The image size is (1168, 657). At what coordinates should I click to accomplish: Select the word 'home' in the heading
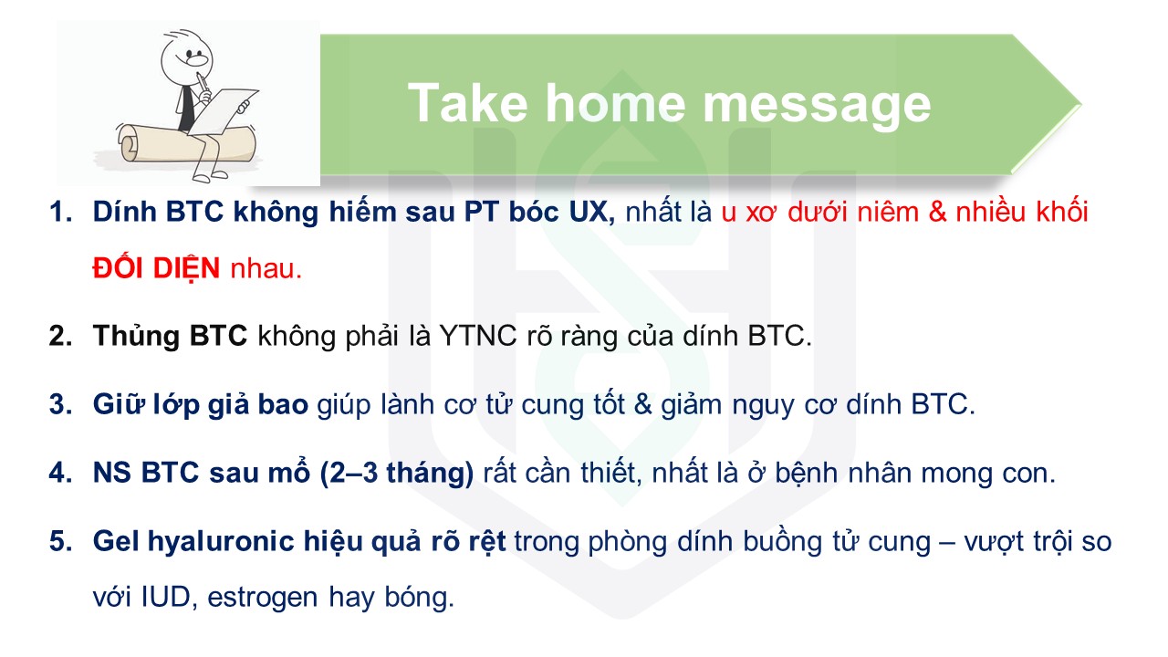click(615, 103)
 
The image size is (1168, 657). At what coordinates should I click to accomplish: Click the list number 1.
click(60, 213)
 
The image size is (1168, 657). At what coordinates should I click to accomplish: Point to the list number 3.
click(60, 404)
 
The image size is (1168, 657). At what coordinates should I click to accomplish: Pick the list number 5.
click(60, 541)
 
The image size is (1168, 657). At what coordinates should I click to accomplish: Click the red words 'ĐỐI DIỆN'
click(156, 267)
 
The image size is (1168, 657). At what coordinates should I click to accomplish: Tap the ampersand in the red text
click(936, 213)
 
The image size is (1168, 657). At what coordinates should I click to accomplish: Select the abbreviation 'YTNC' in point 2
click(477, 336)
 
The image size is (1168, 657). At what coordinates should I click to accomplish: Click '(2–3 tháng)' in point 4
click(397, 474)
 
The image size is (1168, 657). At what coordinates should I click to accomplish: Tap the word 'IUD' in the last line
click(165, 597)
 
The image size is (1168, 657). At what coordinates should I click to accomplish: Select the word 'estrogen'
click(262, 599)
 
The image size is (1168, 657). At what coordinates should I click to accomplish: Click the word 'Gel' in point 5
click(116, 541)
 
